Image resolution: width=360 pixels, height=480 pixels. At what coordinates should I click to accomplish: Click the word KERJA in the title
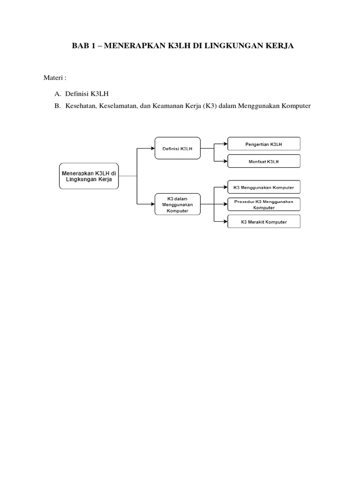pos(281,47)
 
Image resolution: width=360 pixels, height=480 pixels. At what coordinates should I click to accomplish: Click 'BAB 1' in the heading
pos(82,47)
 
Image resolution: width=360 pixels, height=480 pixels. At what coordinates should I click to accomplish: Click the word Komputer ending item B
pos(295,106)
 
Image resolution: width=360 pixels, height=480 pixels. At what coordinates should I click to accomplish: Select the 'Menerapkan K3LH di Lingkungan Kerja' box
pos(89,176)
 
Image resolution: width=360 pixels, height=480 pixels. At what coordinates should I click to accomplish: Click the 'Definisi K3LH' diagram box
pos(177,148)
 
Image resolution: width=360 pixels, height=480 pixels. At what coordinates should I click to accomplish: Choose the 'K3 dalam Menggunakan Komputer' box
pos(177,204)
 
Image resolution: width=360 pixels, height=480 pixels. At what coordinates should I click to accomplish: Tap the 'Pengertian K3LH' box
pos(264,144)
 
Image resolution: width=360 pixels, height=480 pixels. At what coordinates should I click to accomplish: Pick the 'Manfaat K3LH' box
pos(264,161)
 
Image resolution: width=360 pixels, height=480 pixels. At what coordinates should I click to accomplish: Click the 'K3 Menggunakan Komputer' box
pos(264,187)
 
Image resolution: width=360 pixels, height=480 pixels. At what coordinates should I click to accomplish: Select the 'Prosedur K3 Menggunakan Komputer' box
pos(264,204)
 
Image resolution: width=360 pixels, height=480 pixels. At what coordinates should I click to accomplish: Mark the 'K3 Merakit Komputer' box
pos(264,221)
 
